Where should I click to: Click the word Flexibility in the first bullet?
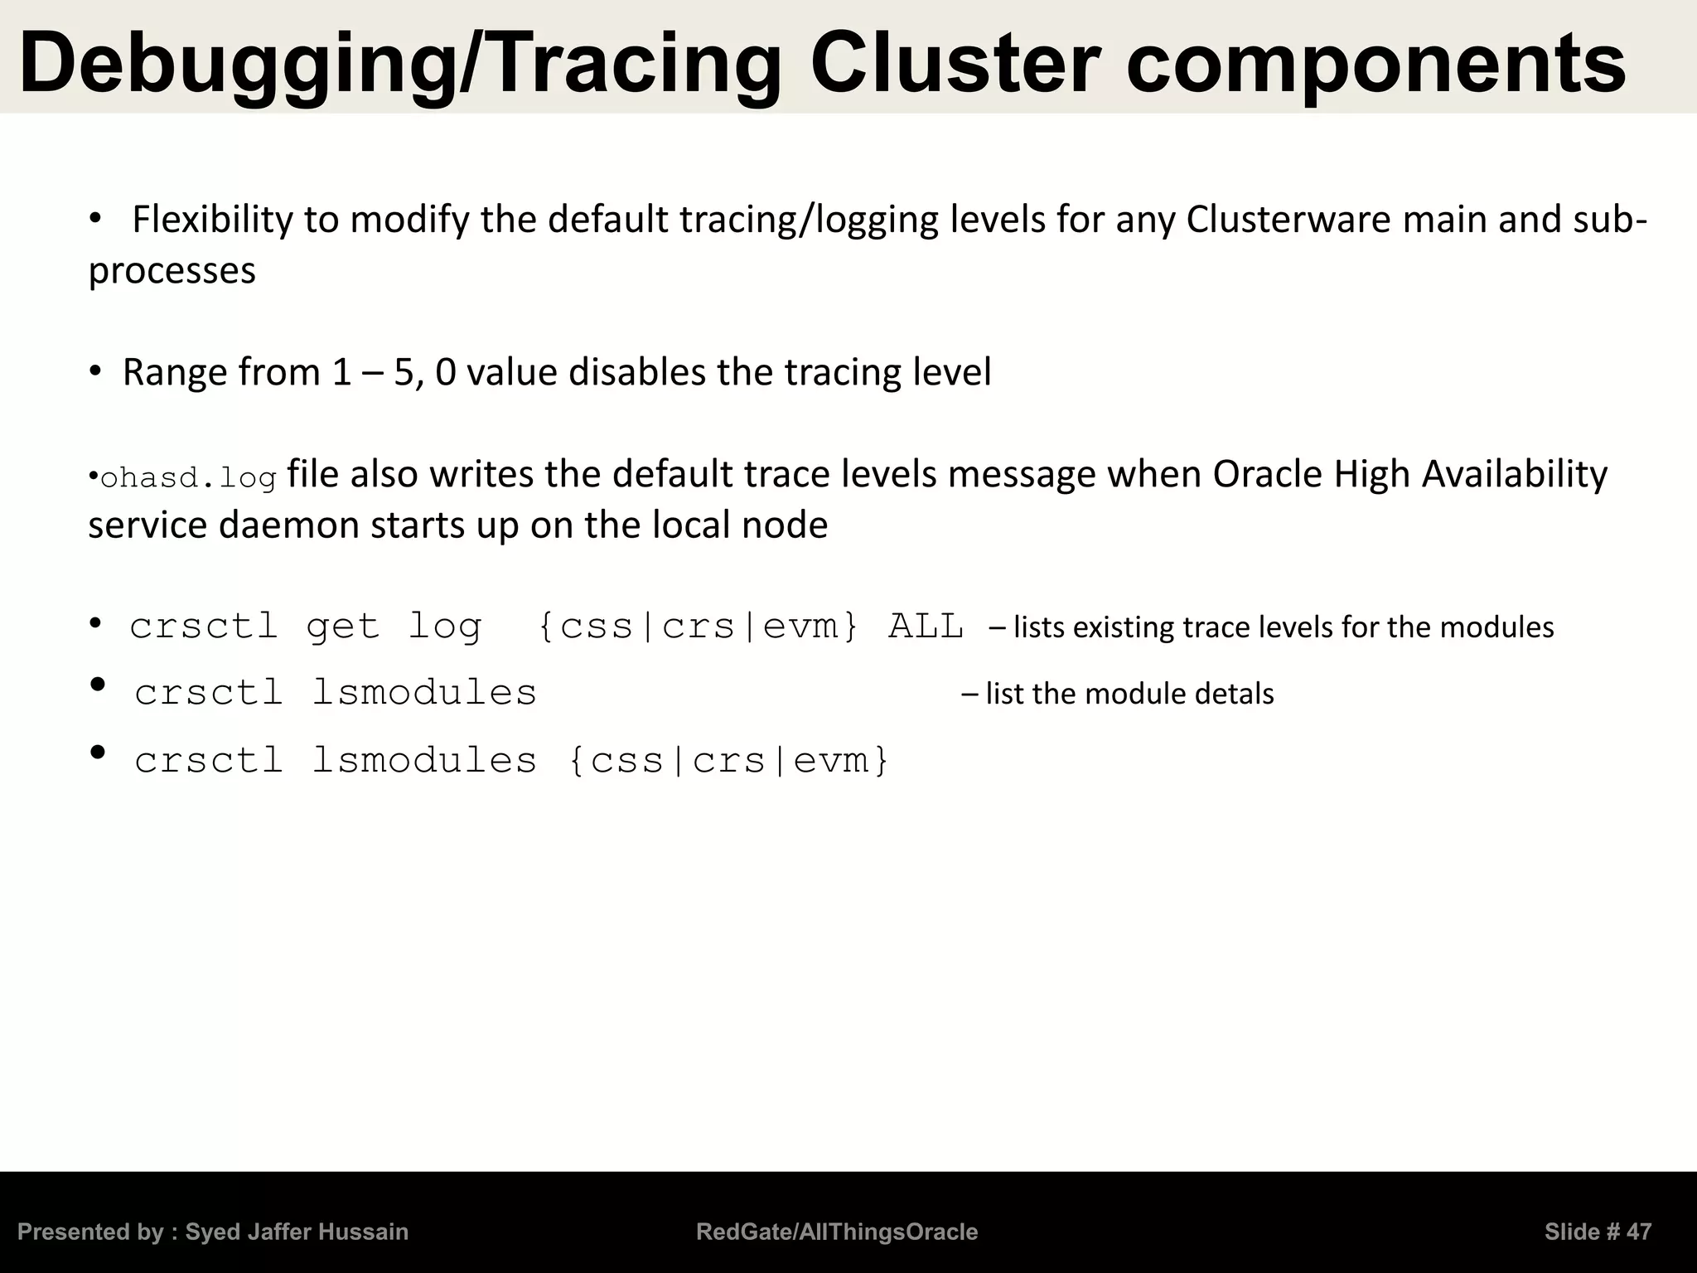[212, 220]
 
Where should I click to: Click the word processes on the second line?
[172, 271]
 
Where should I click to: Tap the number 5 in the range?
[403, 372]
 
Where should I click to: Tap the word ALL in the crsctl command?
[926, 627]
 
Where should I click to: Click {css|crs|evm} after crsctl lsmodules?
[729, 761]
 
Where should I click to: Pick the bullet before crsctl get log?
[96, 623]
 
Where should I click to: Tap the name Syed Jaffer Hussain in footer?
[297, 1232]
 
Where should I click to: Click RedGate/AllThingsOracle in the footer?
[837, 1232]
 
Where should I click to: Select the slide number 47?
[1638, 1232]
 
